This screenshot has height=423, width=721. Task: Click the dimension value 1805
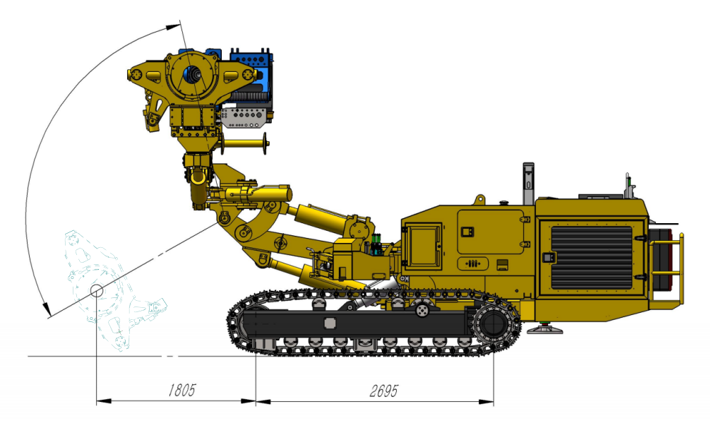[x=181, y=391]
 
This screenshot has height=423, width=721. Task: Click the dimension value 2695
[x=384, y=391]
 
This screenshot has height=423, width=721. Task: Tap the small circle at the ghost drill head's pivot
[x=97, y=290]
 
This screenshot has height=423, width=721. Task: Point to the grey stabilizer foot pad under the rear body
[x=544, y=329]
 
